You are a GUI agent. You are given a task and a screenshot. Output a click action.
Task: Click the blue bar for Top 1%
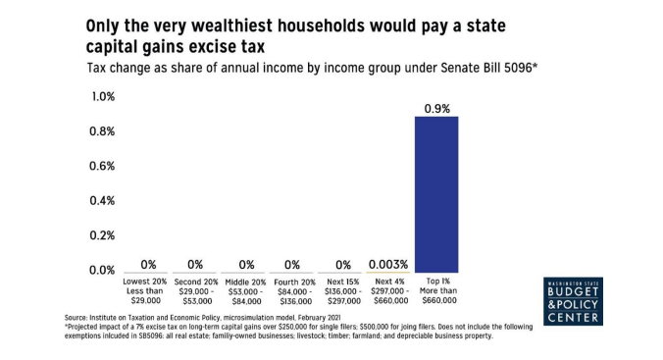point(435,194)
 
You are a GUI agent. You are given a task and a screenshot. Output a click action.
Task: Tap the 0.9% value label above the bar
point(436,108)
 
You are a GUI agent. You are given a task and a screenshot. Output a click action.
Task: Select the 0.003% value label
point(388,264)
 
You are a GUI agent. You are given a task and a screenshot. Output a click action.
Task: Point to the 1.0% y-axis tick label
point(103,97)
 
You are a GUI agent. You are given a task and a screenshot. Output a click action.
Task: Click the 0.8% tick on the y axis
point(103,131)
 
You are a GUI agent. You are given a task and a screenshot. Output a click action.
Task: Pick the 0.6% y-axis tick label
point(103,166)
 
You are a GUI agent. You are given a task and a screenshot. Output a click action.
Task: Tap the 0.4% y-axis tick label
point(103,200)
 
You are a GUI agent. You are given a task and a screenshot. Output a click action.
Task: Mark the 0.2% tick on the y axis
point(103,235)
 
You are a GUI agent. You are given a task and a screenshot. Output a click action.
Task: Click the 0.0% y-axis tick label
point(103,270)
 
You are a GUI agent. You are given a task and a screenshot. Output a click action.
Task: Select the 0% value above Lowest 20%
point(149,264)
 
